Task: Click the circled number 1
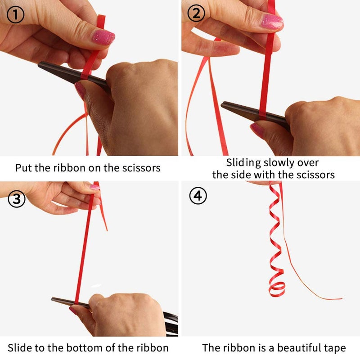pos(15,15)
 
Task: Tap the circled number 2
pos(196,13)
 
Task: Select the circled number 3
pos(17,199)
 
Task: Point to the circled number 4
pos(198,196)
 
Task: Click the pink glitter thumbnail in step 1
pos(103,37)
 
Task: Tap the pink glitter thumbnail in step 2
pos(272,22)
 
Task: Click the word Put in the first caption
pos(24,168)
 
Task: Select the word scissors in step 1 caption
pos(141,168)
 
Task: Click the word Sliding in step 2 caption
pos(243,163)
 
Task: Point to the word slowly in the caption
pos(279,163)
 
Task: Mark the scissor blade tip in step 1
pos(39,64)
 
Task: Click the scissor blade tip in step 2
pos(222,104)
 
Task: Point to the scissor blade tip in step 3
pos(52,299)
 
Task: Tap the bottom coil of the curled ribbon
pos(277,290)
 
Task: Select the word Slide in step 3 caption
pos(20,348)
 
